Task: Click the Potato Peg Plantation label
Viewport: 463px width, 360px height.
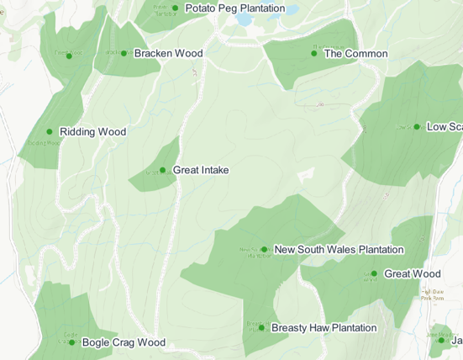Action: (x=234, y=8)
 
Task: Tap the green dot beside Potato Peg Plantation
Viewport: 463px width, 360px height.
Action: (x=175, y=8)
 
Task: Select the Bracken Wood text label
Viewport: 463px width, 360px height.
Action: (x=168, y=54)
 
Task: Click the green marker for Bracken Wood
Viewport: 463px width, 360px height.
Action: (x=124, y=54)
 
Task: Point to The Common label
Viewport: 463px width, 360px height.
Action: (x=355, y=54)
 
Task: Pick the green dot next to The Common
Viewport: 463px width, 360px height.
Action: (x=314, y=54)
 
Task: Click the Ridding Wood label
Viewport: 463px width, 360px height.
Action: (x=92, y=132)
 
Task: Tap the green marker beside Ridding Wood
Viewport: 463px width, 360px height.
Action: (x=50, y=132)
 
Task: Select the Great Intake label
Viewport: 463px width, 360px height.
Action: (x=200, y=170)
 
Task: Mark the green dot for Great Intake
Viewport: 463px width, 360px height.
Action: (x=163, y=170)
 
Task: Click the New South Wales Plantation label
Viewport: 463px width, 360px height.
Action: (x=339, y=250)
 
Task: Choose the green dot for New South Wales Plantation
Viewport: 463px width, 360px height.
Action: (x=265, y=250)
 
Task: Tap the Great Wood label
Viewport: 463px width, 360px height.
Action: (x=412, y=274)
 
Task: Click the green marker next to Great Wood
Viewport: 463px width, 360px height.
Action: (x=374, y=274)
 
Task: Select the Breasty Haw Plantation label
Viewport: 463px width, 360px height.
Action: (x=324, y=328)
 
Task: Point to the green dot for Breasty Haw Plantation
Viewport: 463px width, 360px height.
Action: (x=261, y=328)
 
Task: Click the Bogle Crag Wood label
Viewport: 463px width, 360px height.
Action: (x=124, y=343)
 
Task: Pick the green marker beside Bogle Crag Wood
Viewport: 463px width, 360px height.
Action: (x=71, y=342)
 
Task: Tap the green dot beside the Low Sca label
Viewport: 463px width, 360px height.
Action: (x=417, y=127)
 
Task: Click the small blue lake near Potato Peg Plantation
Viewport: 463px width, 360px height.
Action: (x=245, y=19)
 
